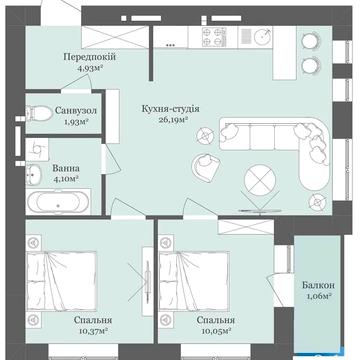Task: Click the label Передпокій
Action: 90,57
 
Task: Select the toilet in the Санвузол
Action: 39,114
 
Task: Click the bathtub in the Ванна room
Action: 58,202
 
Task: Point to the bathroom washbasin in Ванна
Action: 33,174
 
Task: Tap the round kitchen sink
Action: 263,36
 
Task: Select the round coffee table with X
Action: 260,180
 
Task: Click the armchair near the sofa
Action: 206,168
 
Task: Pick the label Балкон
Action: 318,285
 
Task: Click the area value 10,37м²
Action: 92,331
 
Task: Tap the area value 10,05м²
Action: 217,331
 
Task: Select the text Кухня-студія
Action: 170,109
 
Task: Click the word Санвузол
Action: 75,110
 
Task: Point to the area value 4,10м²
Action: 66,178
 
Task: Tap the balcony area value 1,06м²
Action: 318,296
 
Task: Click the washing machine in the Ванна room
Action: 37,150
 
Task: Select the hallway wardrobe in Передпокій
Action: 115,37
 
